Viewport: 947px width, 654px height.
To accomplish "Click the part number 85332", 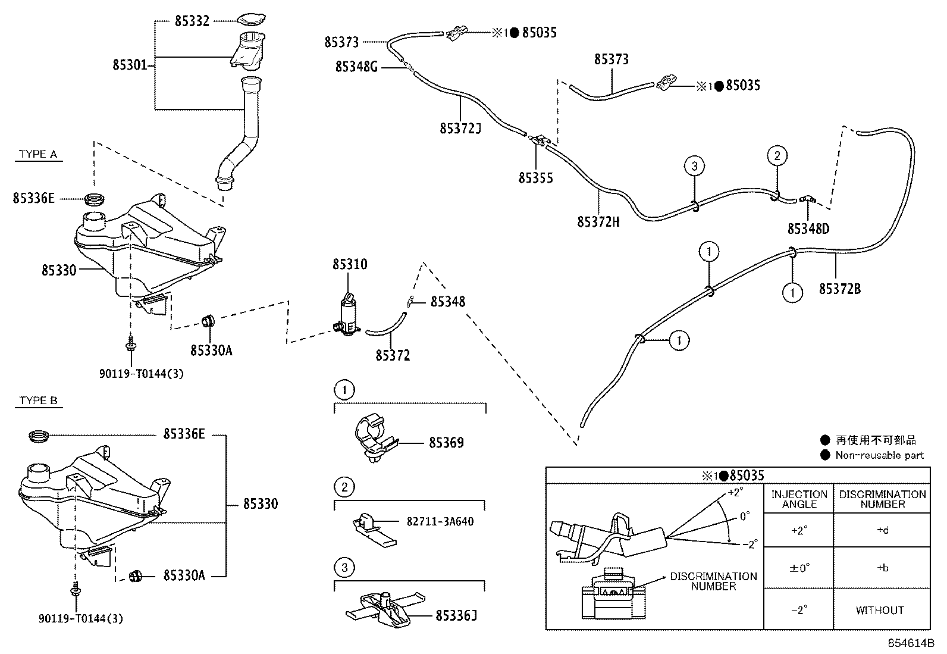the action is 192,21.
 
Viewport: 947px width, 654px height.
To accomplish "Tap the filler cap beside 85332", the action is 251,19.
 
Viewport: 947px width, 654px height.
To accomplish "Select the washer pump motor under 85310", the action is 347,314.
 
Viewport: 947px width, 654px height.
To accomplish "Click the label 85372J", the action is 460,128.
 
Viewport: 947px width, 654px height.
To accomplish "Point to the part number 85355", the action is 535,178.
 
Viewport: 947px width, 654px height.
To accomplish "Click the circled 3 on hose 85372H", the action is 694,166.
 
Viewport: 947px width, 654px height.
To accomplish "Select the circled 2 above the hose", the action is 777,156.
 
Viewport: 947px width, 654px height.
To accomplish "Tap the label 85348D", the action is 808,229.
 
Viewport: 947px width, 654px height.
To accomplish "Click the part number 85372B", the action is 839,289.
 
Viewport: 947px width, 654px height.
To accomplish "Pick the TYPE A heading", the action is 38,154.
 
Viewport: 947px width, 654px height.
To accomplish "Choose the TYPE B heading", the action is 38,400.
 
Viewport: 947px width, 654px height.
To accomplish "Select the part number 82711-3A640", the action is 440,521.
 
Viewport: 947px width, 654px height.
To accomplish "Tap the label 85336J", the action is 456,615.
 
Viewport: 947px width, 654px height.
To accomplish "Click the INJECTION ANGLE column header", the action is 799,499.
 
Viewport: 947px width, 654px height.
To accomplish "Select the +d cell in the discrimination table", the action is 882,530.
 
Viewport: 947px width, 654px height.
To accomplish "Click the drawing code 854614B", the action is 911,643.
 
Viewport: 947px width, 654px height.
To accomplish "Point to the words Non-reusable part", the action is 880,455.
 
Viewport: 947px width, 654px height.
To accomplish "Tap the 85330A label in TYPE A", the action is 211,351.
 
